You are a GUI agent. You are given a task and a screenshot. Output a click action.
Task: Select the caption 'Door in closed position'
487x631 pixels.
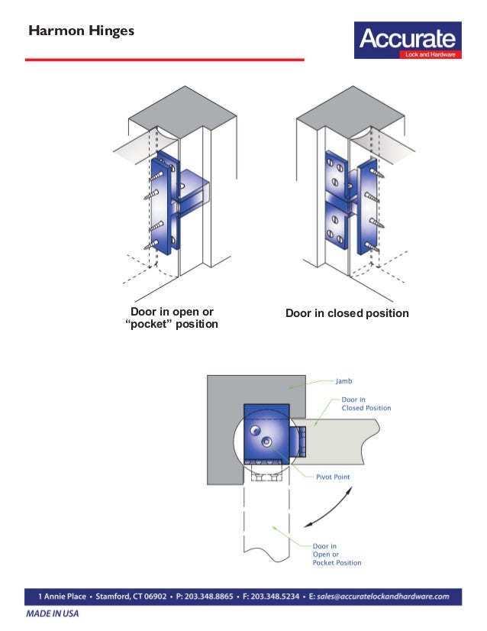point(347,314)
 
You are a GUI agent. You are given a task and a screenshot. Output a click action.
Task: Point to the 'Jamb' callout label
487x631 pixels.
point(344,379)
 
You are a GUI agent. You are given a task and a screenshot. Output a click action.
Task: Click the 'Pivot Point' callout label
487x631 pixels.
point(334,476)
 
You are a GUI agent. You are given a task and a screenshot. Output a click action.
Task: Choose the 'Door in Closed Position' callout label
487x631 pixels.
point(366,403)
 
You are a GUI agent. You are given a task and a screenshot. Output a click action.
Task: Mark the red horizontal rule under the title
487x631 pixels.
point(165,59)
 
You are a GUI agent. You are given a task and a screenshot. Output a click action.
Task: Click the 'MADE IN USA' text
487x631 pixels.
point(52,613)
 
